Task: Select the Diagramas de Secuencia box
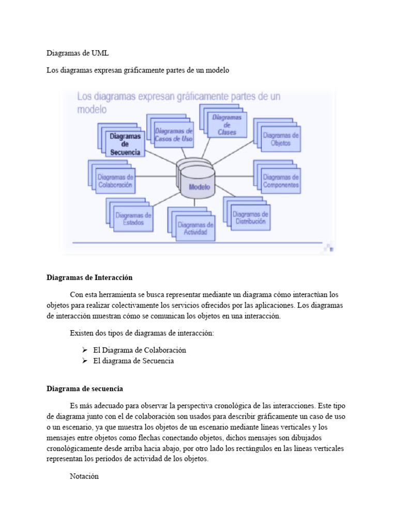coord(125,144)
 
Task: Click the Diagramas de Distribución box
coord(250,217)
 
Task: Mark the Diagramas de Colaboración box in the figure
coord(115,180)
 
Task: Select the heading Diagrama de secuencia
coord(85,388)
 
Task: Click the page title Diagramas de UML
coord(78,53)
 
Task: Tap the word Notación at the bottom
coord(84,477)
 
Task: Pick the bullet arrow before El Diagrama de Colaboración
coord(85,350)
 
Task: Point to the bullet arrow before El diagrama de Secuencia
coord(85,361)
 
